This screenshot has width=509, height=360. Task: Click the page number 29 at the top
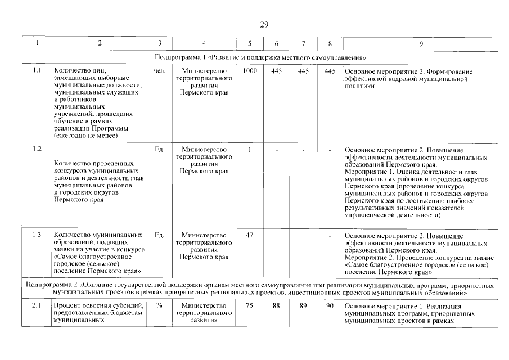pyautogui.click(x=264, y=24)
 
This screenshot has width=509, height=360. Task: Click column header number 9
pyautogui.click(x=421, y=43)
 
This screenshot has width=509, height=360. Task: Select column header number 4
pyautogui.click(x=204, y=43)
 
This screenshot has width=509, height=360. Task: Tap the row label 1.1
pyautogui.click(x=37, y=70)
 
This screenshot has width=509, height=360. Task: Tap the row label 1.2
pyautogui.click(x=37, y=149)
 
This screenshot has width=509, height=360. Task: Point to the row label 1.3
pyautogui.click(x=37, y=235)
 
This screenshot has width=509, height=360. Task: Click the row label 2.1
pyautogui.click(x=37, y=305)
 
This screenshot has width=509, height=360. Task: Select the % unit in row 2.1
pyautogui.click(x=159, y=305)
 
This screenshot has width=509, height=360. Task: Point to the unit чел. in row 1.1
pyautogui.click(x=159, y=71)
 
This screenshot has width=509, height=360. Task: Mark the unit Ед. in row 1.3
pyautogui.click(x=159, y=235)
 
